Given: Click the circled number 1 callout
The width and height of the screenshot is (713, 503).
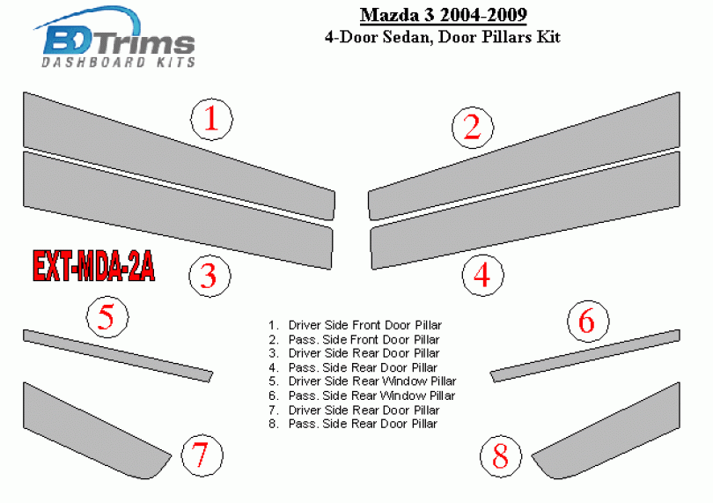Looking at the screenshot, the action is tap(211, 120).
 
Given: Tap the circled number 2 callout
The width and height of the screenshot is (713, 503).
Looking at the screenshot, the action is tap(473, 128).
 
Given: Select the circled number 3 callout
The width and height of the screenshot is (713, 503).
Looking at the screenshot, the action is tap(209, 276).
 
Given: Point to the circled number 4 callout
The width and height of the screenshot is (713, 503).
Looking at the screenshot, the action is tap(483, 276).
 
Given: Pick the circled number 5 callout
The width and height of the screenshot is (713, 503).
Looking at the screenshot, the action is tap(107, 317).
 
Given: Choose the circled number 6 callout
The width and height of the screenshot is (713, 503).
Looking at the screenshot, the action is tap(588, 321).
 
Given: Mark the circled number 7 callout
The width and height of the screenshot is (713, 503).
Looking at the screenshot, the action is tap(202, 455).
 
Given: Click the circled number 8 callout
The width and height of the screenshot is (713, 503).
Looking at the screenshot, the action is tap(501, 456).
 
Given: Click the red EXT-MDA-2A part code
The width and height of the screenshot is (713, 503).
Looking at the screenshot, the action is tap(93, 266).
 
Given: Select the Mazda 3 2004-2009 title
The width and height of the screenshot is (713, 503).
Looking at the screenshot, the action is tap(444, 15).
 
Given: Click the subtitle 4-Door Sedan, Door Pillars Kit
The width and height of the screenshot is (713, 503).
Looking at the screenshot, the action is tap(443, 36).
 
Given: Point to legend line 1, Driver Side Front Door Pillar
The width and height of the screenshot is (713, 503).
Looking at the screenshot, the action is tap(355, 325).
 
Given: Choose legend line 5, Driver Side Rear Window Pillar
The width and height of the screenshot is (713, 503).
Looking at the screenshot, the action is tap(362, 381).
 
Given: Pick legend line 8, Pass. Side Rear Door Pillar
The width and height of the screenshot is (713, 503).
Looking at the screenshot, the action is tap(353, 424).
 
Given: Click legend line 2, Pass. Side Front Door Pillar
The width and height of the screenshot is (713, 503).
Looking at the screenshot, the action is tap(354, 339).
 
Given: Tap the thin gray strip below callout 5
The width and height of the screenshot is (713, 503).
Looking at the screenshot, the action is tap(118, 356).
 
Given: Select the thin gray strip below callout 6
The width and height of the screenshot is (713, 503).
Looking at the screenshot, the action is tap(584, 356).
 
